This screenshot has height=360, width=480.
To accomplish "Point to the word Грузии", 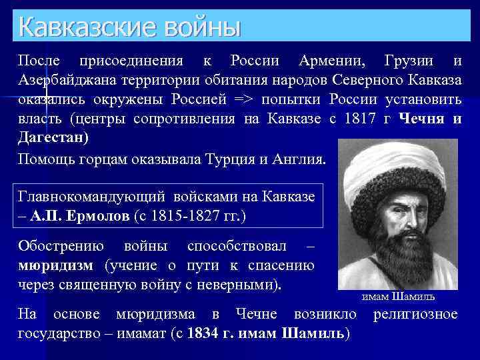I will [x=410, y=61].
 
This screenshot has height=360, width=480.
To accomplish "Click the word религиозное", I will [x=415, y=313].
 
